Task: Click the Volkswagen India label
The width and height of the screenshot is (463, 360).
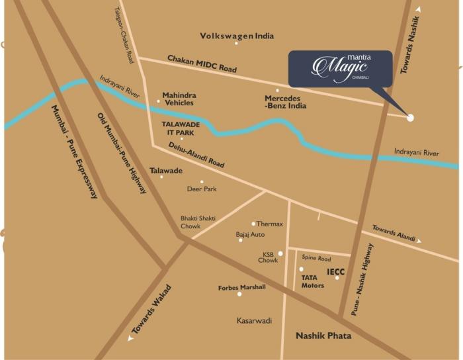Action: tap(237, 36)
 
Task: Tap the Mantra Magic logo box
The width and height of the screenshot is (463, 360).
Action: tap(340, 68)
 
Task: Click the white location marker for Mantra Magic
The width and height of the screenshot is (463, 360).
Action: tap(410, 118)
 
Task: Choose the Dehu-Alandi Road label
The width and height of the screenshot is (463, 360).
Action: tap(196, 154)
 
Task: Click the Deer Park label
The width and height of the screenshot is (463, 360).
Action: tap(202, 189)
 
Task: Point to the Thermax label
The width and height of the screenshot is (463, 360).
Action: tap(269, 224)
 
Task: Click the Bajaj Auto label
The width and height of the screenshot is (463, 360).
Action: tap(250, 234)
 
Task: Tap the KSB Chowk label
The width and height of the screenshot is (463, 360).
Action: tap(268, 257)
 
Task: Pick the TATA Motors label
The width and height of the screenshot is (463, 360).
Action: tap(313, 281)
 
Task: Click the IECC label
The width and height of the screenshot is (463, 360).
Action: tap(336, 271)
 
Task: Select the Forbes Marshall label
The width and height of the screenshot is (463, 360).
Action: tap(241, 287)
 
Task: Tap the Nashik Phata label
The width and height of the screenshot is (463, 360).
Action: tap(323, 336)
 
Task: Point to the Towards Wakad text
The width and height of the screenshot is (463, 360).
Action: tap(151, 310)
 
